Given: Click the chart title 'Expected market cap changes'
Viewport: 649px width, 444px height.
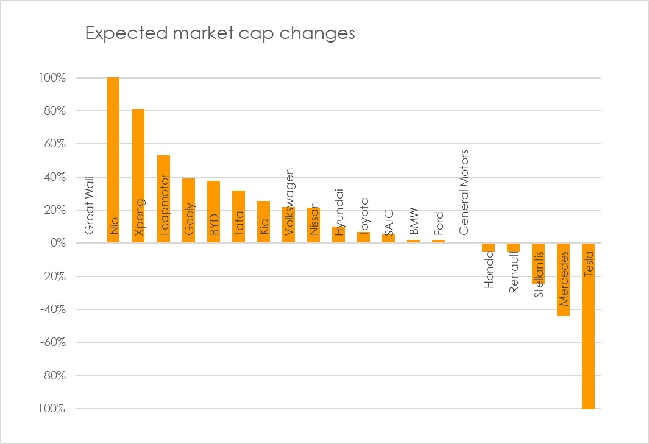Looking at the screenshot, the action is tap(220, 33).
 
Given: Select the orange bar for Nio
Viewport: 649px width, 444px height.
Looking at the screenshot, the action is tap(113, 160).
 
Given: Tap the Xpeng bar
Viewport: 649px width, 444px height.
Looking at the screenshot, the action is tap(138, 176).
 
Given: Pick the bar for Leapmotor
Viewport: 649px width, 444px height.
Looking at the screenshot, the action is tap(163, 199).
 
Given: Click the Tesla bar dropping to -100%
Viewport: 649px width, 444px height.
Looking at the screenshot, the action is tap(588, 326).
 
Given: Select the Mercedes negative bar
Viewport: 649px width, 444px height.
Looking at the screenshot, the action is tap(563, 280).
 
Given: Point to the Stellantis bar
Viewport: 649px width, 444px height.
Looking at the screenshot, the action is tap(538, 264).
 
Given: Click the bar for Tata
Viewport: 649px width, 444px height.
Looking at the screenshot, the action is tap(238, 217).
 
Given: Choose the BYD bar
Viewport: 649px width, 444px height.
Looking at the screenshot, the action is tap(213, 212).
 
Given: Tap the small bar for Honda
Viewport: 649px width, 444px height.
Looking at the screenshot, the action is tap(488, 247).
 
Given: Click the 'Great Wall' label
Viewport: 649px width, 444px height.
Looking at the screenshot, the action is tap(89, 206).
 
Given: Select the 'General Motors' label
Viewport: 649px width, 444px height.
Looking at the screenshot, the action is tap(464, 192).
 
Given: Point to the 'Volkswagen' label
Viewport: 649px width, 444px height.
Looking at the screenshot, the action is tap(288, 202).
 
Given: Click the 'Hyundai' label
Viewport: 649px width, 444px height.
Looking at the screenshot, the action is tap(339, 213).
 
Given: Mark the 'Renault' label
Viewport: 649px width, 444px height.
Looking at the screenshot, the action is tap(514, 272).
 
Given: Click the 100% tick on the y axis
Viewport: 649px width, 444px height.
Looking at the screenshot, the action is tap(52, 78).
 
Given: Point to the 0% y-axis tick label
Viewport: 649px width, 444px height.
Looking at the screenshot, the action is tap(58, 243).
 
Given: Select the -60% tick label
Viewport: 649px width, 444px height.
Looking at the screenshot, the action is tap(52, 342).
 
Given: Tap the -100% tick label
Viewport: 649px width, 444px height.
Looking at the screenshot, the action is tap(49, 409).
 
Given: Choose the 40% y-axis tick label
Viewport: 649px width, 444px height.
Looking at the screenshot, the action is tap(55, 177).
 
